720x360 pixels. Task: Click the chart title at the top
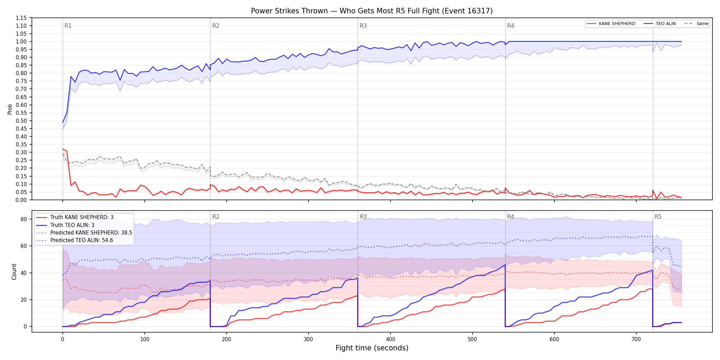point(372,11)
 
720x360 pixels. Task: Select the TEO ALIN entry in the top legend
point(660,24)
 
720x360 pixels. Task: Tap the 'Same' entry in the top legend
point(696,24)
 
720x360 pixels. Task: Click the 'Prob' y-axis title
point(10,109)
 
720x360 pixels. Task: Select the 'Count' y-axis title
point(14,272)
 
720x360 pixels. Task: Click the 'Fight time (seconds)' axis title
point(372,348)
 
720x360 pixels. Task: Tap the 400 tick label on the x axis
point(391,339)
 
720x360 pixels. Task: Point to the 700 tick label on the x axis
point(636,339)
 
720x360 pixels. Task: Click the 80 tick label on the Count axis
point(24,219)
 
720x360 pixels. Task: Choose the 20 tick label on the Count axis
point(24,300)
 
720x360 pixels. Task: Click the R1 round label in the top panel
point(68,26)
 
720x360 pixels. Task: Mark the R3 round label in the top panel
point(363,26)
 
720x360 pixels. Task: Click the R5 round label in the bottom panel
point(658,217)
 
